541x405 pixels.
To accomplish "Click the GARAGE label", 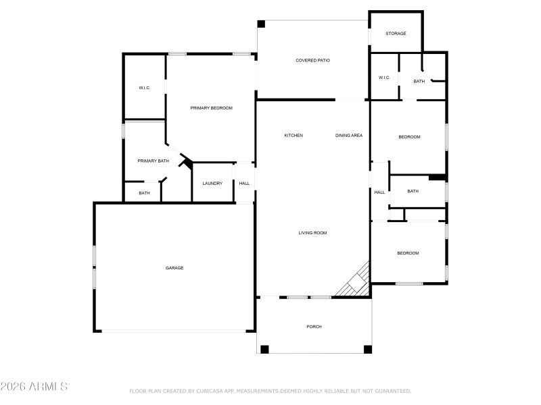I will pos(174,268).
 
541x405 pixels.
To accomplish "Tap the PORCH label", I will pos(314,327).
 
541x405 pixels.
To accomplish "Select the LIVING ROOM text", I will pos(312,233).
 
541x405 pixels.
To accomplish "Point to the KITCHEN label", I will pos(293,136).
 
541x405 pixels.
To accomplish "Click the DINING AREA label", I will pos(349,136).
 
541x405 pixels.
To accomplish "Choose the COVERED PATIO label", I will pos(312,61).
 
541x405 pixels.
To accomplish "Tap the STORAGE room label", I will pos(396,33).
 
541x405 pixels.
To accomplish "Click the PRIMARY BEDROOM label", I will pos(211,108).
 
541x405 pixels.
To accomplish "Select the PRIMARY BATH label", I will pos(153,161).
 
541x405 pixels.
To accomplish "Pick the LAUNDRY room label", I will pos(212,183).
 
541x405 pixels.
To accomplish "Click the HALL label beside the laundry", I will pos(244,183).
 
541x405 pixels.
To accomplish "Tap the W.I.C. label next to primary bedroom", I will pos(145,88).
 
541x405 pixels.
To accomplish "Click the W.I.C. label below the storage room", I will pos(384,78).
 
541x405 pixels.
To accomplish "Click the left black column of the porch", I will pos(264,349).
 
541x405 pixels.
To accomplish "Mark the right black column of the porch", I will pos(368,349).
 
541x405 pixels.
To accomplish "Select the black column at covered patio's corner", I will pos(261,24).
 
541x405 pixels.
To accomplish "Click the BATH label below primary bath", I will pos(144,193).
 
